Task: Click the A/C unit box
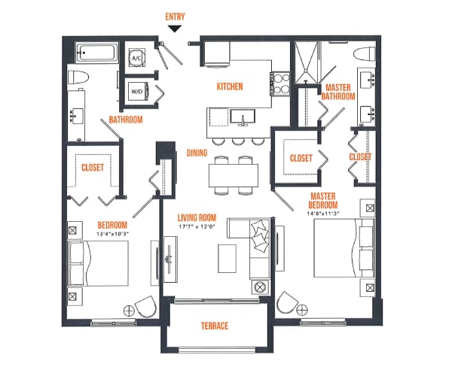pyautogui.click(x=137, y=57)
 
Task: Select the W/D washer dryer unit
pyautogui.click(x=137, y=92)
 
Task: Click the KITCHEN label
pyautogui.click(x=230, y=87)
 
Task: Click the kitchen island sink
pyautogui.click(x=243, y=117)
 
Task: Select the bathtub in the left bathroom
pyautogui.click(x=95, y=55)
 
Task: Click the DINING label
pyautogui.click(x=197, y=153)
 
